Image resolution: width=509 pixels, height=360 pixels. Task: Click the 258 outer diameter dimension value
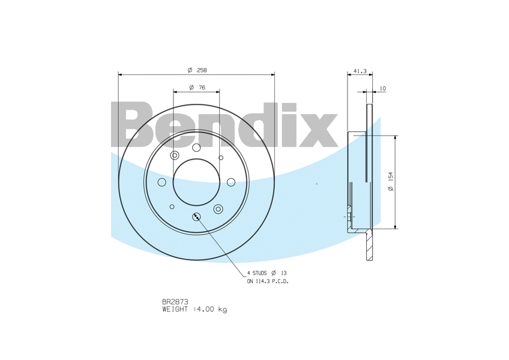[202, 70]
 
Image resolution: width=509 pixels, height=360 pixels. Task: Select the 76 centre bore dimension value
[202, 88]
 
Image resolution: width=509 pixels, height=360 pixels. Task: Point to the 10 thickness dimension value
[383, 88]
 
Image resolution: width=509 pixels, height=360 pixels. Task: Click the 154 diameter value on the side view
[391, 176]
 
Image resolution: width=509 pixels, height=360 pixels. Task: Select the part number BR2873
[175, 302]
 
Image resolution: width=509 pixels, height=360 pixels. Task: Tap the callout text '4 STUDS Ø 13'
[267, 273]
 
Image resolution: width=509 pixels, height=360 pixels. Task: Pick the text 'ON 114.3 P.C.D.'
[268, 281]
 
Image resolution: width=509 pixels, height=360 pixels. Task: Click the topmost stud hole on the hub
[196, 148]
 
